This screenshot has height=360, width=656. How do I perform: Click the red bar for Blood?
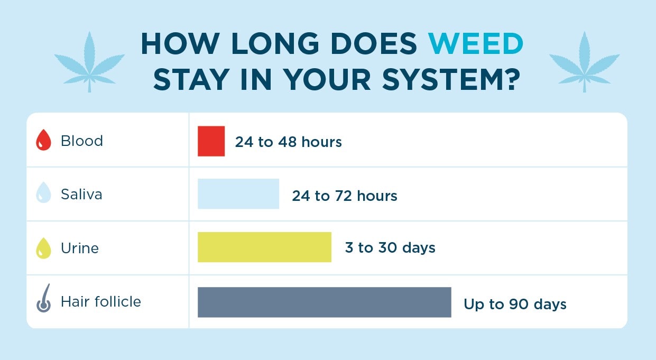[x=211, y=141]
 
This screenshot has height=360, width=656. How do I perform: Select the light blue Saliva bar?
[x=238, y=194]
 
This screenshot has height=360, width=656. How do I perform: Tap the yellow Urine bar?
[x=264, y=247]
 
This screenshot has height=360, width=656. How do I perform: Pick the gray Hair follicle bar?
[x=324, y=302]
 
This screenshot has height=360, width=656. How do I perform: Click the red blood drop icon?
[x=43, y=142]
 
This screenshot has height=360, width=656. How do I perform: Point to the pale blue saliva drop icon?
[x=43, y=195]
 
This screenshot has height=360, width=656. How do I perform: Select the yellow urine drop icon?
[x=43, y=248]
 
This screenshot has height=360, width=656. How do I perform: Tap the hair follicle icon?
[x=43, y=299]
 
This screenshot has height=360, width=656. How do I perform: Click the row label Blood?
[x=82, y=141]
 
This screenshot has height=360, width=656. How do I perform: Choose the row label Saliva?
[x=81, y=195]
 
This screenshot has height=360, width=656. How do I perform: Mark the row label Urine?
[x=80, y=248]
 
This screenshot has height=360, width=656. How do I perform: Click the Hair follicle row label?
[x=101, y=302]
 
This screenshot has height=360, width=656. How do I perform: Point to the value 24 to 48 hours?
[x=288, y=142]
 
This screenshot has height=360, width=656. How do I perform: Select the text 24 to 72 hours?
[x=344, y=196]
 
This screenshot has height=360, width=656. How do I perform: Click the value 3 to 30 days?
[x=390, y=248]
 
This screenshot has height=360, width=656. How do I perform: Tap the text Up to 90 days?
[x=515, y=304]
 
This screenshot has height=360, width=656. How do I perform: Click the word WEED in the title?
[x=475, y=44]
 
